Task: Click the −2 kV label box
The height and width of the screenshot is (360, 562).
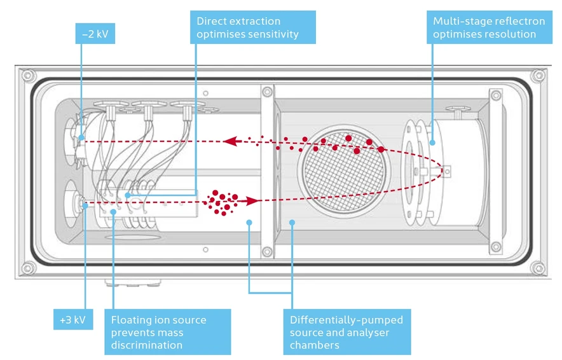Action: tap(95, 33)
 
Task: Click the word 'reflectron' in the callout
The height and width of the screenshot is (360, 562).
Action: tap(516, 21)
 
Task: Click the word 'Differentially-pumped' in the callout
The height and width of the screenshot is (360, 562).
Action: tap(346, 319)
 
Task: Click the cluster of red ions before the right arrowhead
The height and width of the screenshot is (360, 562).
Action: tap(223, 202)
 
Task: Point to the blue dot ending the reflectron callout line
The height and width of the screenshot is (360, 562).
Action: tap(433, 142)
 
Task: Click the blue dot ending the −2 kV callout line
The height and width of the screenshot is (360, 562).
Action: tap(82, 135)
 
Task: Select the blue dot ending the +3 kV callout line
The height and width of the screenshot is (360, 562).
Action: tap(85, 204)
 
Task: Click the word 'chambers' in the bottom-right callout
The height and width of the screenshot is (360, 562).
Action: tap(314, 345)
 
